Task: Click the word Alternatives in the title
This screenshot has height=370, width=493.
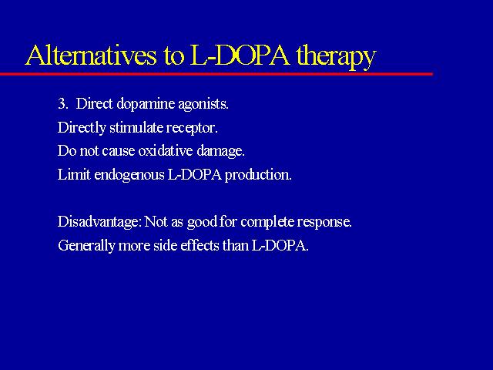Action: [x=91, y=55]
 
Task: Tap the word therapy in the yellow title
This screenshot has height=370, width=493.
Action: [x=336, y=56]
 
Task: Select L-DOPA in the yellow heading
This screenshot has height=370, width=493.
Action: [x=240, y=55]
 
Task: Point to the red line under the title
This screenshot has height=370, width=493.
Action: [x=216, y=74]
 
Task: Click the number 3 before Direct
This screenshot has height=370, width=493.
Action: [x=62, y=103]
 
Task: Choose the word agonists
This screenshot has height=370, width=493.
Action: [x=203, y=105]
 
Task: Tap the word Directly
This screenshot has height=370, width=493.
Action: [x=82, y=129]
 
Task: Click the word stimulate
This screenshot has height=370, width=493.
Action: [x=136, y=127]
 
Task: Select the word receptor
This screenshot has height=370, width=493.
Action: [x=192, y=129]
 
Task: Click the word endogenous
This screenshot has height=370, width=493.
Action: [x=129, y=175]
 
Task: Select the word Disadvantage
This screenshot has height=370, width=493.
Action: [x=99, y=223]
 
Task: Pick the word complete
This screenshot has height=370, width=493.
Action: [x=267, y=223]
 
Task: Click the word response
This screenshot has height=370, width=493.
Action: [x=324, y=223]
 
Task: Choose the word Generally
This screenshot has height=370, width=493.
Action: [x=86, y=246]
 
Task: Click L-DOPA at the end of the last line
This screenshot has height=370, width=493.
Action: [x=280, y=245]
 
